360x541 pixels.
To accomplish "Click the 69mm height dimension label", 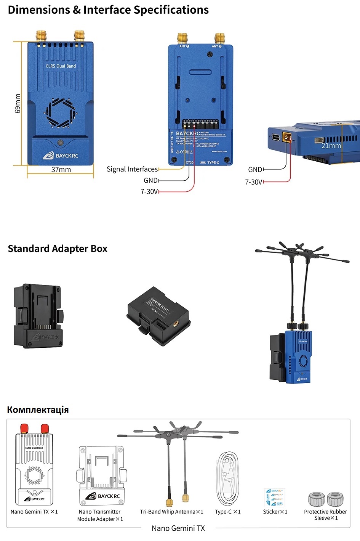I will (18, 103).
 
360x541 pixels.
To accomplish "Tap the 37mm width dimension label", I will (61, 170).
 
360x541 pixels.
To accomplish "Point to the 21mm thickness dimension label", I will (331, 146).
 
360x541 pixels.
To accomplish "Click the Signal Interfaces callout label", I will (132, 169).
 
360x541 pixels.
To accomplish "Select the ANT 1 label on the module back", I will (184, 46).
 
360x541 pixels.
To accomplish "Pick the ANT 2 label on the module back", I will (216, 46).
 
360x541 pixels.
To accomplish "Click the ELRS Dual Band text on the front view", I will (61, 66).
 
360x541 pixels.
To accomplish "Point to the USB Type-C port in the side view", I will (275, 137).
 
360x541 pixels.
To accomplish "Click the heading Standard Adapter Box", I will (58, 249).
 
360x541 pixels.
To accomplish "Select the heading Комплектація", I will (38, 410).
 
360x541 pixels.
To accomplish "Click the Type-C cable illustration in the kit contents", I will (227, 479).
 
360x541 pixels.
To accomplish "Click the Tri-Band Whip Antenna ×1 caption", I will (171, 512).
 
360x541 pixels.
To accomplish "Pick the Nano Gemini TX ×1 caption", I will (34, 512).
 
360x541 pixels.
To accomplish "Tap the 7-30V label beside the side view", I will (253, 182).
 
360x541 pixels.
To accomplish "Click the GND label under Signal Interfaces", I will (150, 180).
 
